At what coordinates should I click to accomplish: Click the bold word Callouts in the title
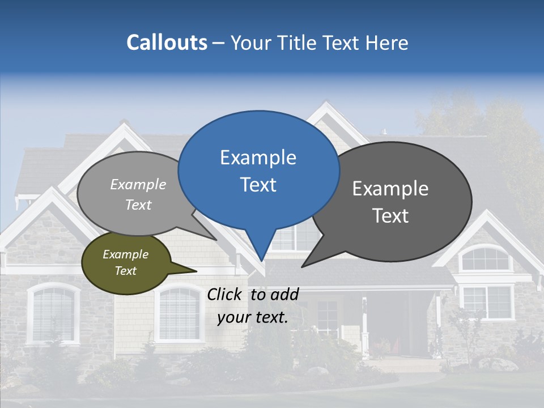click(x=167, y=42)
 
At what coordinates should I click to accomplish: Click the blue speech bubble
click(x=258, y=170)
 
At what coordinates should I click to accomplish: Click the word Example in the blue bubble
click(x=258, y=158)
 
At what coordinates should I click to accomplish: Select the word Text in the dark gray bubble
click(x=391, y=216)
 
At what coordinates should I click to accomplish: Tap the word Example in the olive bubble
click(x=125, y=254)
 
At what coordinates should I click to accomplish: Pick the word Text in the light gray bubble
click(x=138, y=205)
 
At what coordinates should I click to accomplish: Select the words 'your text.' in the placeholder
click(x=253, y=317)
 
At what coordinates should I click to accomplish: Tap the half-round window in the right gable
click(x=485, y=259)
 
